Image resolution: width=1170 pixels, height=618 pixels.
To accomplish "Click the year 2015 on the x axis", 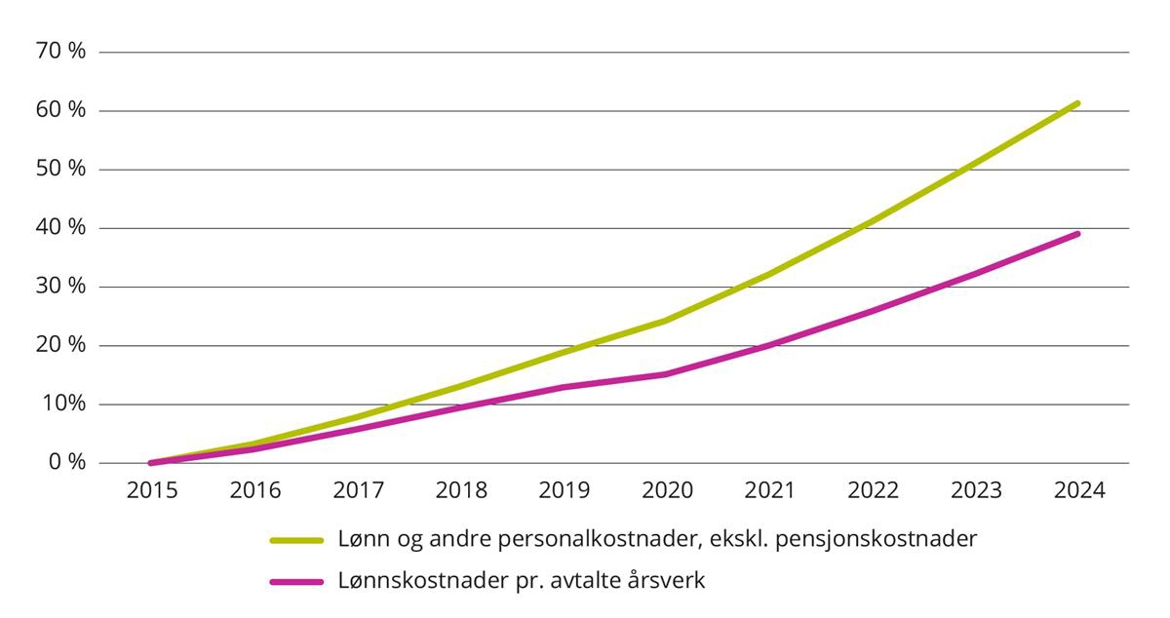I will [152, 490].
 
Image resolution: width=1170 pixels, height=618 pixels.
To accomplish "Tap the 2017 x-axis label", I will [358, 490].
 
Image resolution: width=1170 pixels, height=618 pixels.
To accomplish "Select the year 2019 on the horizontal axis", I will [564, 490].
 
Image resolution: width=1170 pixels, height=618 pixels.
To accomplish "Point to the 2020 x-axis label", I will [667, 490].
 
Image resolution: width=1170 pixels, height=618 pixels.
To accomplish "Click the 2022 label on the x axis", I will [873, 490].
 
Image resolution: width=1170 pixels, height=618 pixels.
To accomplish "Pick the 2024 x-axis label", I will [1078, 490].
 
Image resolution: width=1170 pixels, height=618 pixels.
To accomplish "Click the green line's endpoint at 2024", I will [1077, 103].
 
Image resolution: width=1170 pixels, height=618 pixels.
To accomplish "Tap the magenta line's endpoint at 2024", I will [1077, 234].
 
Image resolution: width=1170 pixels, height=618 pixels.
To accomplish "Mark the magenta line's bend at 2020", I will [667, 373].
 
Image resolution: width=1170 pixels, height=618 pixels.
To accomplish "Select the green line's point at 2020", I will [667, 320].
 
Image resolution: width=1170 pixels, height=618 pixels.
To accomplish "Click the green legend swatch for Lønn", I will [295, 539].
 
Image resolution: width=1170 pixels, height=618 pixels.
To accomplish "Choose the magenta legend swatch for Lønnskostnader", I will [295, 581].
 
